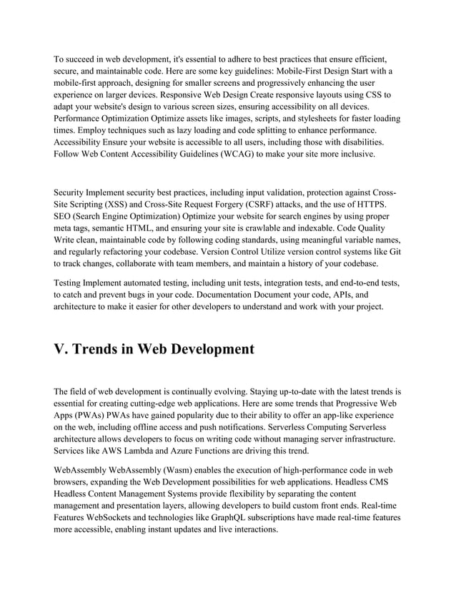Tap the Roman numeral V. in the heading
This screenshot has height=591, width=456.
(x=63, y=349)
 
